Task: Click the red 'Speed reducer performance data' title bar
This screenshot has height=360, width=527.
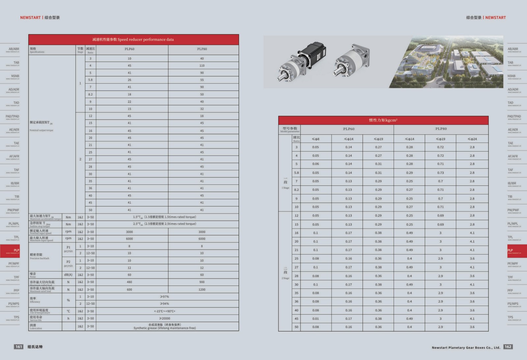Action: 133,40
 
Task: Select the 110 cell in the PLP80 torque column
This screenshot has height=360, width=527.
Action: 202,66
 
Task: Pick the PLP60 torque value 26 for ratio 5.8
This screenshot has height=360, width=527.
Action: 129,80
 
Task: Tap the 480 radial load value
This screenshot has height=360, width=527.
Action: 129,282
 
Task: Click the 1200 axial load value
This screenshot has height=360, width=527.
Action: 202,290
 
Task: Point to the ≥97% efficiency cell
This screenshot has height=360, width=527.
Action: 164,297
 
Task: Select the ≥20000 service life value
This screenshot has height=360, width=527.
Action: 164,318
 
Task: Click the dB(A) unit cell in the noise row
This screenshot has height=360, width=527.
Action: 68,275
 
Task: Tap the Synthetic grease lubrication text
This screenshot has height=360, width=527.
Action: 164,328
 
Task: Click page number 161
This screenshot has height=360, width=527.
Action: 19,346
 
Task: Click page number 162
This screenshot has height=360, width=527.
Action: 508,346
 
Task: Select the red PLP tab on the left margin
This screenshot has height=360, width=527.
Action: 10,251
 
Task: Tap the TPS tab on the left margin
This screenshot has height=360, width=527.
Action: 13,318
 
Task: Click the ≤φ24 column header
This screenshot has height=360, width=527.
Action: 472,139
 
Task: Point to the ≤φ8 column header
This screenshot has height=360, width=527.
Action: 316,139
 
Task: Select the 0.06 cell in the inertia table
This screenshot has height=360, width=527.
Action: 316,164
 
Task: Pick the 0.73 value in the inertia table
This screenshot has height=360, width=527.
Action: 440,173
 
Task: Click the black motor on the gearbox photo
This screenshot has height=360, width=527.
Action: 315,53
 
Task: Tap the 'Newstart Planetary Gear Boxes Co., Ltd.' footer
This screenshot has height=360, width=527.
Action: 466,347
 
